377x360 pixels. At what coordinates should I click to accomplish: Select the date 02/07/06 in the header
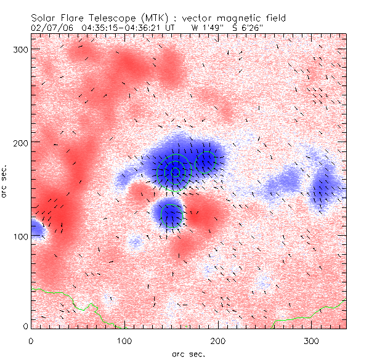51,28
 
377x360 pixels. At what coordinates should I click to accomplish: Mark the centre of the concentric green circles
176,172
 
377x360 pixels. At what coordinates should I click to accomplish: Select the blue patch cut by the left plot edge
36,229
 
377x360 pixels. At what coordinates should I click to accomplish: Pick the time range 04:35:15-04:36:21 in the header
121,28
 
